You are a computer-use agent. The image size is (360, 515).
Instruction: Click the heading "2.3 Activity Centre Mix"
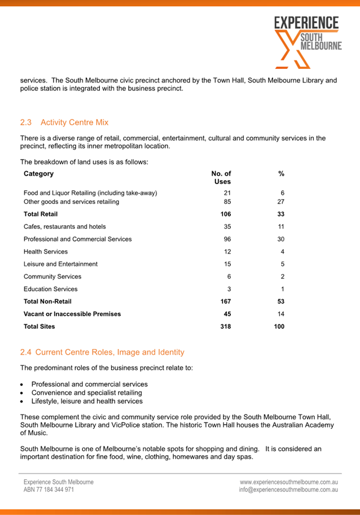pyautogui.click(x=64, y=122)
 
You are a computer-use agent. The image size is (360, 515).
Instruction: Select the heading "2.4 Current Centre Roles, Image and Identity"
pyautogui.click(x=102, y=352)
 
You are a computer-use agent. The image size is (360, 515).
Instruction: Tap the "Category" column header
pyautogui.click(x=39, y=174)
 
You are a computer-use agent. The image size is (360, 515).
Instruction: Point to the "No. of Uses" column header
pyautogui.click(x=221, y=177)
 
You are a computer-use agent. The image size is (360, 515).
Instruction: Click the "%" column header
pyautogui.click(x=281, y=174)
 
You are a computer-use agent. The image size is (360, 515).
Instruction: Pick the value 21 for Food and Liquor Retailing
pyautogui.click(x=227, y=193)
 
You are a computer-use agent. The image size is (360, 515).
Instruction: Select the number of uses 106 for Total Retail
pyautogui.click(x=225, y=214)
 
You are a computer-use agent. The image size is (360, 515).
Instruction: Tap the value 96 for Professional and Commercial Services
pyautogui.click(x=227, y=239)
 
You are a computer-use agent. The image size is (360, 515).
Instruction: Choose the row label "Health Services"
pyautogui.click(x=46, y=251)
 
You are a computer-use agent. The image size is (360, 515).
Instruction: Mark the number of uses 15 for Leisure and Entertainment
pyautogui.click(x=227, y=264)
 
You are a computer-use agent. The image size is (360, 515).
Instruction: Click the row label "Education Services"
pyautogui.click(x=51, y=289)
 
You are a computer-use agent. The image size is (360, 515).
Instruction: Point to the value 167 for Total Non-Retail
pyautogui.click(x=225, y=301)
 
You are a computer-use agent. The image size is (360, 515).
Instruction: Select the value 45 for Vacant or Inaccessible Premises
pyautogui.click(x=227, y=313)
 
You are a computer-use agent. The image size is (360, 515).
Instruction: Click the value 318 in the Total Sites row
pyautogui.click(x=225, y=326)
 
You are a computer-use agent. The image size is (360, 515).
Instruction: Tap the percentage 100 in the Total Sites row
pyautogui.click(x=279, y=326)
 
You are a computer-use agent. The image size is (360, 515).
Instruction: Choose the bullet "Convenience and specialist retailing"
pyautogui.click(x=86, y=392)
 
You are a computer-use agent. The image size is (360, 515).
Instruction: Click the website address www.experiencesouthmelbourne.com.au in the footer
pyautogui.click(x=289, y=482)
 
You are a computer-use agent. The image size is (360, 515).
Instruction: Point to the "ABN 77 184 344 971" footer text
pyautogui.click(x=49, y=490)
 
